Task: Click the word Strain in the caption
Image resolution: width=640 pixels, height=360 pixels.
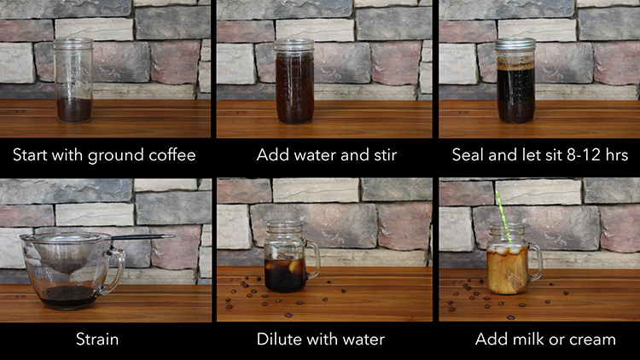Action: tap(97, 340)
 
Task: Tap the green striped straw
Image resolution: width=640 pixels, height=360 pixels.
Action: tap(503, 217)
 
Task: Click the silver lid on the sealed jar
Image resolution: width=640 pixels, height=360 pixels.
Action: tap(515, 44)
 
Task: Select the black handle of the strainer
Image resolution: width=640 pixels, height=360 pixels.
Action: tap(143, 237)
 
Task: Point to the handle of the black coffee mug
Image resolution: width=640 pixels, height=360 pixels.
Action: tap(313, 259)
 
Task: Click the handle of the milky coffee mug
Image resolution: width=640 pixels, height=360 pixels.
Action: tap(536, 262)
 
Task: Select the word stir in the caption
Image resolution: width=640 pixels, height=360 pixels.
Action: tap(386, 155)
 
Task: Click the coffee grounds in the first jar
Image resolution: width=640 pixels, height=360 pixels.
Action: tap(74, 109)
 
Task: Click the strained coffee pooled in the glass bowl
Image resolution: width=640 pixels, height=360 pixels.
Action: tap(69, 297)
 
